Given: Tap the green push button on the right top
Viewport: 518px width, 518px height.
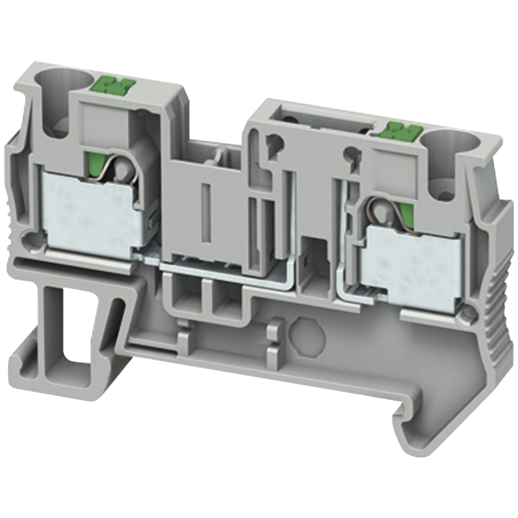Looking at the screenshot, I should coord(399,130).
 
